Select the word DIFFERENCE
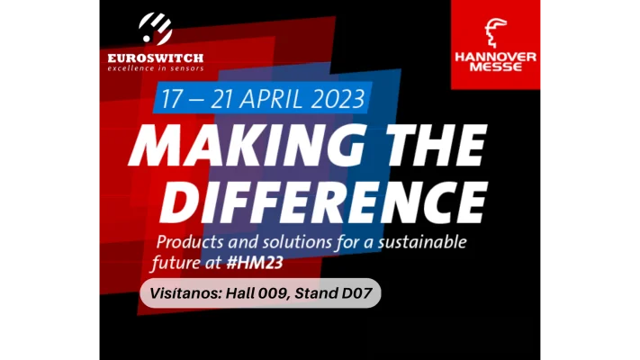(x=323, y=202)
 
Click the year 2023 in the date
(x=338, y=98)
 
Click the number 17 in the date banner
(x=171, y=99)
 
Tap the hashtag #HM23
(x=255, y=263)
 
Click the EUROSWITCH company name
(x=156, y=58)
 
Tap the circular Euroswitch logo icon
(x=155, y=29)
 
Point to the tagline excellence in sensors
(x=156, y=68)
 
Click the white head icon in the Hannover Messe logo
(x=495, y=32)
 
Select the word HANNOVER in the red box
(x=495, y=57)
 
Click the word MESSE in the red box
(x=495, y=67)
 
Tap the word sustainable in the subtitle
(x=422, y=242)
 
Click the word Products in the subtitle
(x=190, y=242)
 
